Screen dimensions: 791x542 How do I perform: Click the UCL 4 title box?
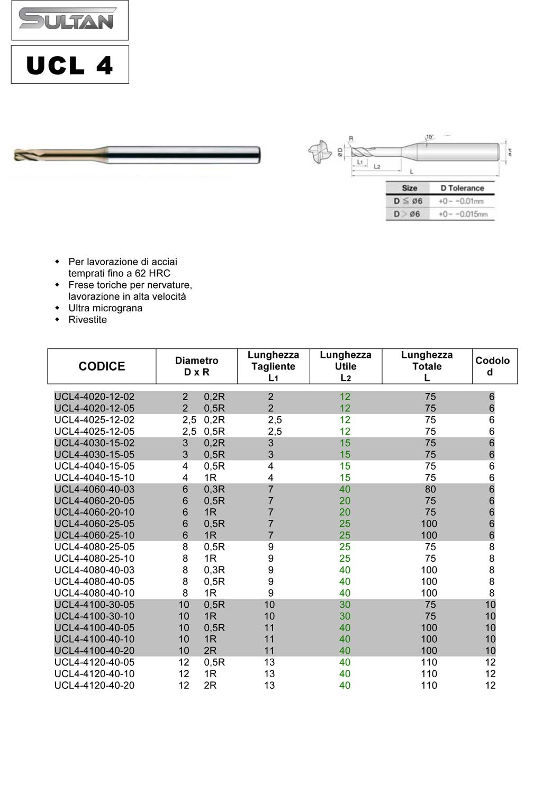(69, 65)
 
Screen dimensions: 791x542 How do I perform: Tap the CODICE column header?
(102, 366)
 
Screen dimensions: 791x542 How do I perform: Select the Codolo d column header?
(492, 366)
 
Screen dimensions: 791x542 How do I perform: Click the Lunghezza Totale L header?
(427, 366)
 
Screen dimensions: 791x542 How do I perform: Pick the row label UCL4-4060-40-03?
(94, 489)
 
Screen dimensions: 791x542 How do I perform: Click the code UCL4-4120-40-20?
(94, 685)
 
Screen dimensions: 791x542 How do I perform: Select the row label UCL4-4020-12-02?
(94, 397)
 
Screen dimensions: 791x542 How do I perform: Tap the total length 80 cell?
(430, 489)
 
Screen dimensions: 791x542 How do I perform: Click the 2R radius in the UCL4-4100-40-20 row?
(210, 651)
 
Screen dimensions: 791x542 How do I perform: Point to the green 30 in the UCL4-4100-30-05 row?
(345, 605)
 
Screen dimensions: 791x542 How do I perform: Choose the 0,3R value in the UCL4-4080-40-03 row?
(214, 570)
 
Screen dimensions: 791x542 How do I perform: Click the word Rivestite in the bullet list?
(87, 320)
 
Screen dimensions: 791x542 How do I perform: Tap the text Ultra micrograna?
(105, 308)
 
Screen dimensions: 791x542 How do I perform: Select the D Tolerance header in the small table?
(462, 188)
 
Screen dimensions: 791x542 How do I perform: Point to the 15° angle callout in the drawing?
(430, 137)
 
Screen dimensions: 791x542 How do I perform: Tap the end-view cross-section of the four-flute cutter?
(320, 152)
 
